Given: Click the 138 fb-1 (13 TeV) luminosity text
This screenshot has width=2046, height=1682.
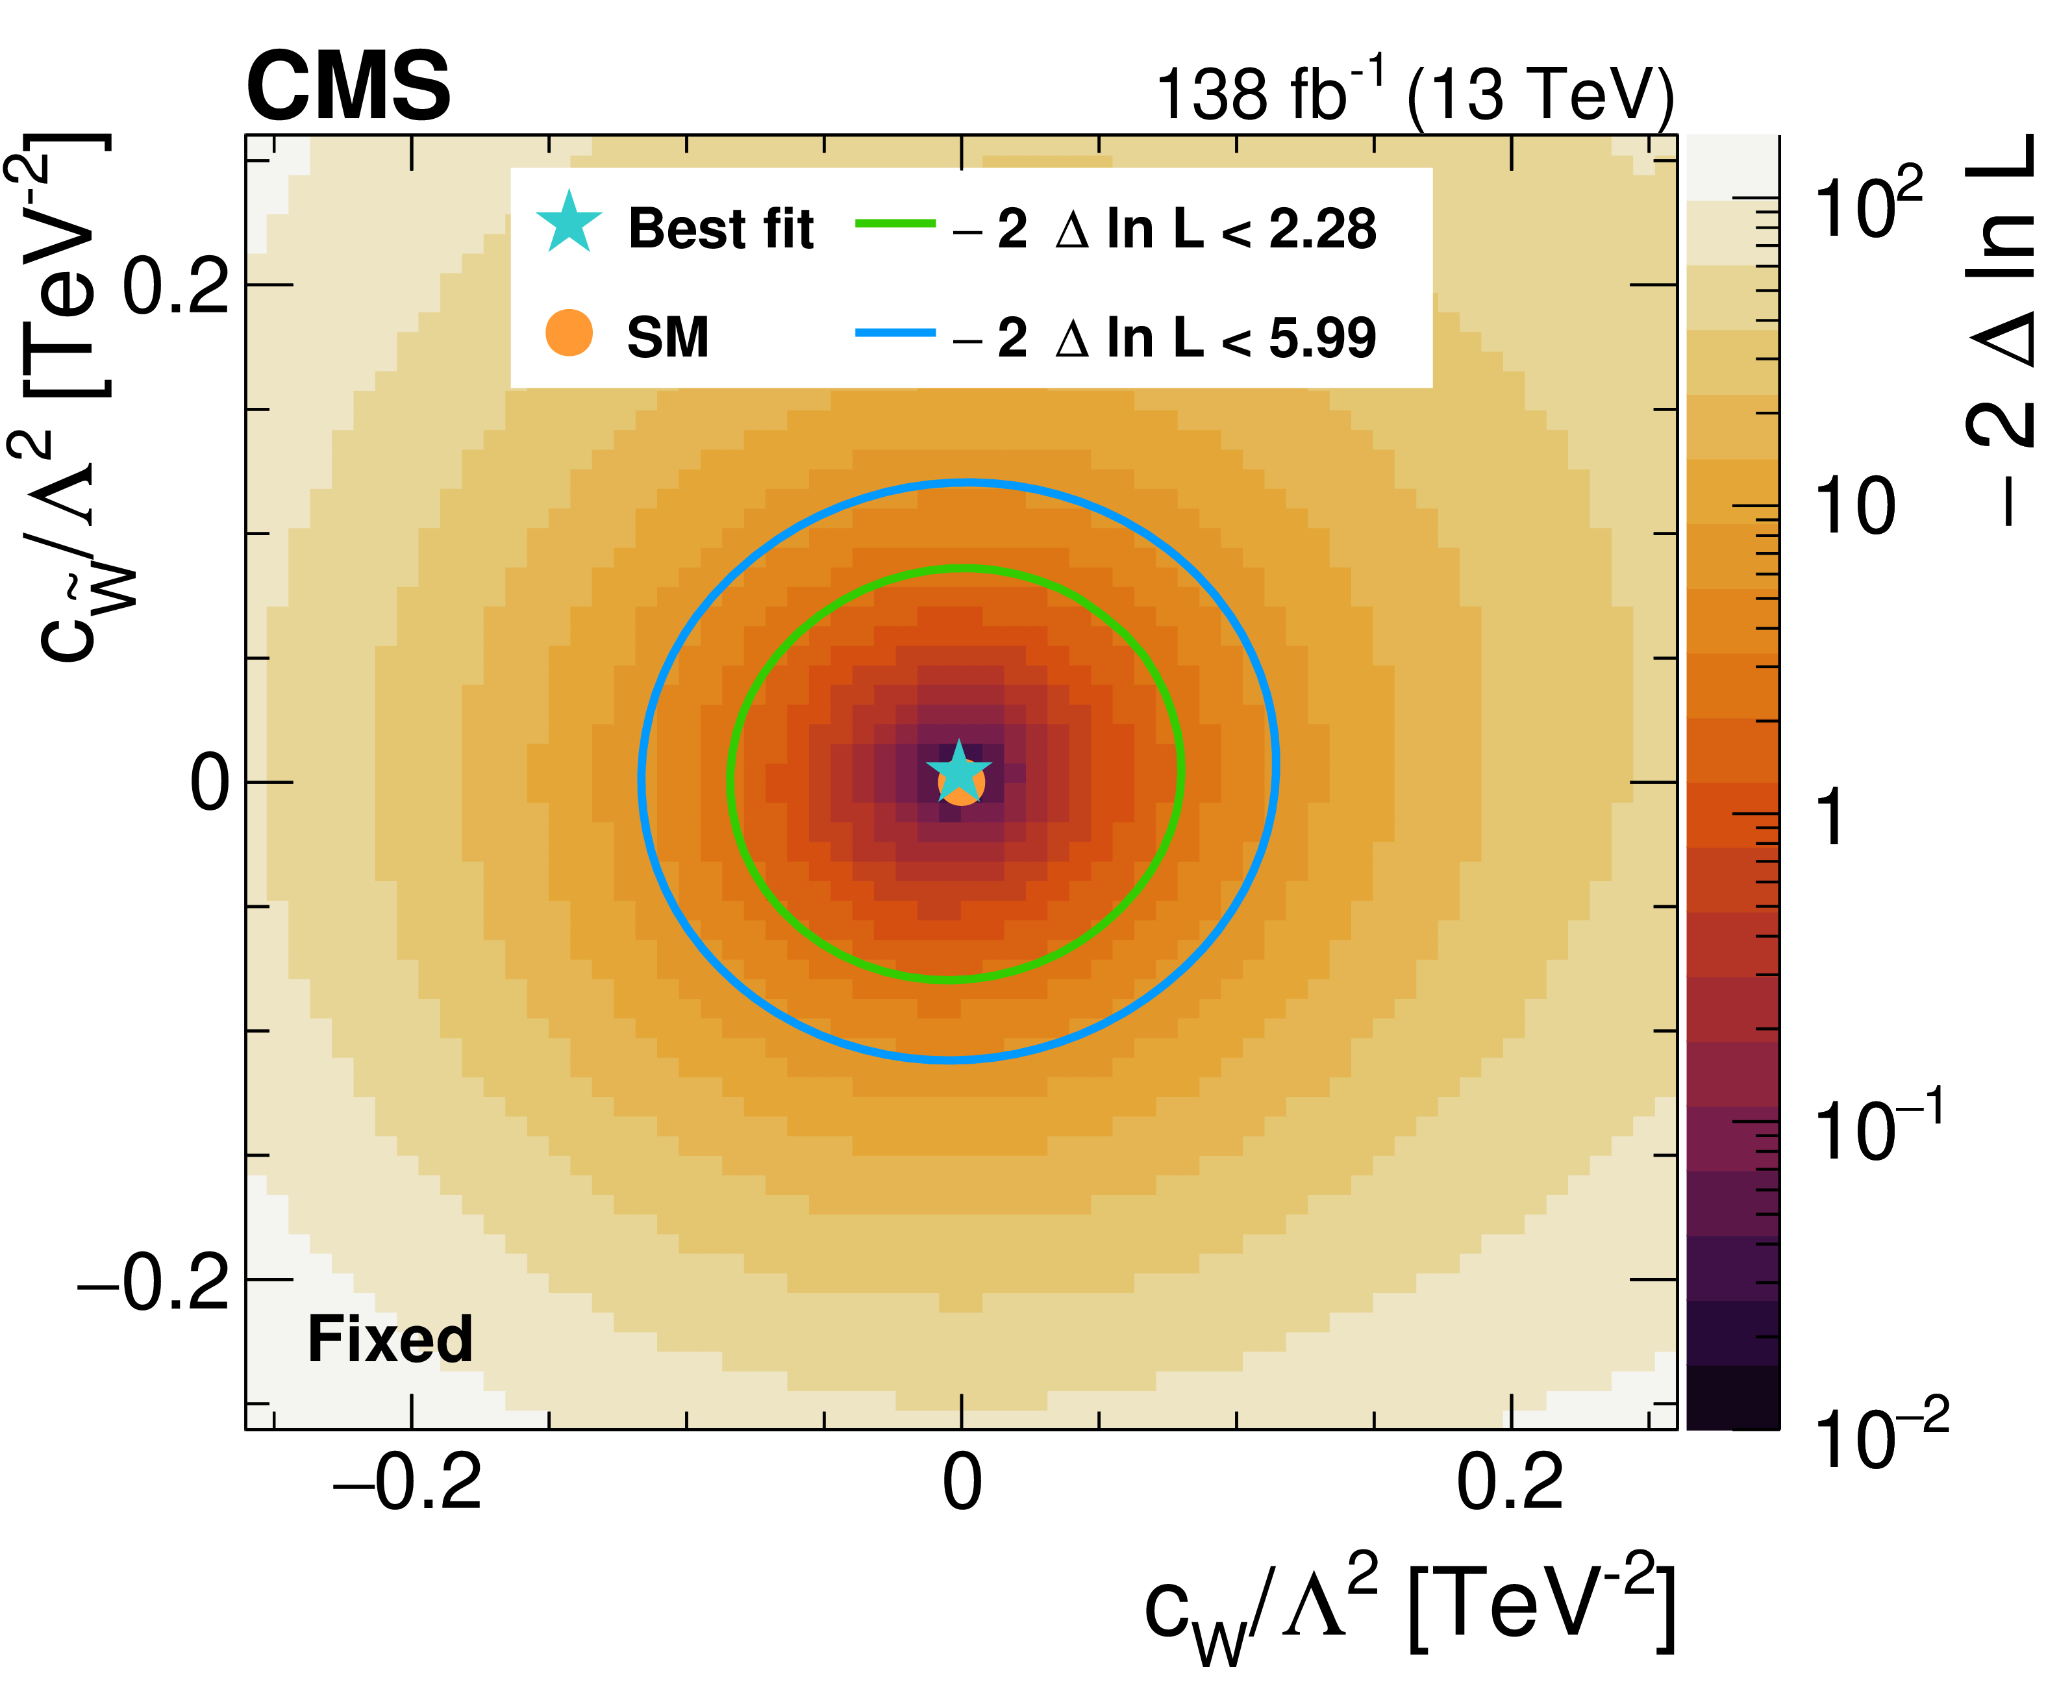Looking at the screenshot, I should click(x=1414, y=95).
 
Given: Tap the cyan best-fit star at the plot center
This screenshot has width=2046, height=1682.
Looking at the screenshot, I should click(x=958, y=772).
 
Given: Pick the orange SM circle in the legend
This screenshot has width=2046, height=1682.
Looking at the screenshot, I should click(x=569, y=333).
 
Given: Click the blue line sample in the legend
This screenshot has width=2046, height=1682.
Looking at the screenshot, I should click(x=894, y=333).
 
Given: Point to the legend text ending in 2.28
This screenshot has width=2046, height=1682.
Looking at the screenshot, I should click(x=1162, y=230).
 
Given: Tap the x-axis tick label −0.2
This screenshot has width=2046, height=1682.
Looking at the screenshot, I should click(x=407, y=1483).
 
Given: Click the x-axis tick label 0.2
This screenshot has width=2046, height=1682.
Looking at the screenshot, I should click(x=1509, y=1483).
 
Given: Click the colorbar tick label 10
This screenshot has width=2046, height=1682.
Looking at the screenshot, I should click(x=1855, y=507).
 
